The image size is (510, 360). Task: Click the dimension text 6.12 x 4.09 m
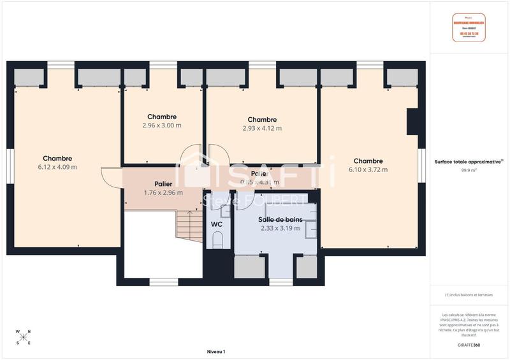57,168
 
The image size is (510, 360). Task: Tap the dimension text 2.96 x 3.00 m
162,126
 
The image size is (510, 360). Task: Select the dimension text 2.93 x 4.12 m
262,128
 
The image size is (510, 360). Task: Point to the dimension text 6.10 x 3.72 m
368,169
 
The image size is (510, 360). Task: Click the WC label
216,225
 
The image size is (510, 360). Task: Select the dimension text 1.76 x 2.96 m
163,192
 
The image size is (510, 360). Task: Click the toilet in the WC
217,240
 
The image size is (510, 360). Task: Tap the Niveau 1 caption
216,351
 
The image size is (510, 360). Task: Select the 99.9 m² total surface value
469,171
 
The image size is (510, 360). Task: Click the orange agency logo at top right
469,27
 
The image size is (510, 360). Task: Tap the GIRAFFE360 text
469,343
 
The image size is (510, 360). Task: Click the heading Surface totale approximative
469,162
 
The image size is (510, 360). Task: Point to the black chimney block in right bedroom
412,121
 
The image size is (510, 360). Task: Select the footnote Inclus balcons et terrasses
469,294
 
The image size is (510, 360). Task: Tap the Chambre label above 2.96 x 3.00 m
162,117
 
